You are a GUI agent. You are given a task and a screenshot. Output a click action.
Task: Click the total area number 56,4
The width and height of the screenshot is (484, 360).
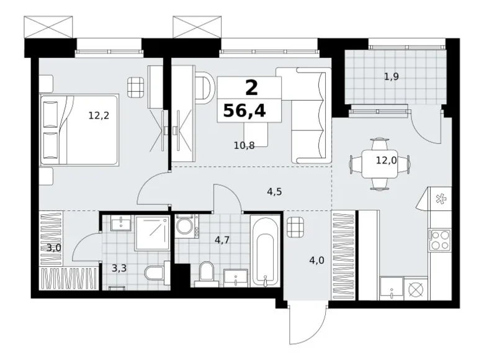[244, 110]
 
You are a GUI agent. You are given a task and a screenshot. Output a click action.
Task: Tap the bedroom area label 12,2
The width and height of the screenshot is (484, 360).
[99, 116]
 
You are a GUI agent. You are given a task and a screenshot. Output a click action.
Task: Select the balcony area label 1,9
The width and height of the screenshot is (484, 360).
[391, 76]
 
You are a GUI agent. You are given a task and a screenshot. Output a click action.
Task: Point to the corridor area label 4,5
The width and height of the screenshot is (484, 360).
[274, 192]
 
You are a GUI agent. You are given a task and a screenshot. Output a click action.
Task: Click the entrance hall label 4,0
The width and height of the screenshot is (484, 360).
[316, 261]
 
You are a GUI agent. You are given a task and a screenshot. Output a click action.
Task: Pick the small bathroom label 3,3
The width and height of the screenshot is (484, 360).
[119, 268]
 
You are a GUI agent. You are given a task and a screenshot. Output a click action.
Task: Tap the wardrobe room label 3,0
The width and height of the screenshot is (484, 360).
[54, 248]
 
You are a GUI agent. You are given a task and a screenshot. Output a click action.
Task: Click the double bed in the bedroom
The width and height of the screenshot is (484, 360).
[79, 130]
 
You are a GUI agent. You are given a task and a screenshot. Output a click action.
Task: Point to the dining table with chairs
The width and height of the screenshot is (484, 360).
[379, 164]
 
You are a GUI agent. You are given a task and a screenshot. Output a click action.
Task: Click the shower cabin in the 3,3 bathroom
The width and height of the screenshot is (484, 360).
[152, 233]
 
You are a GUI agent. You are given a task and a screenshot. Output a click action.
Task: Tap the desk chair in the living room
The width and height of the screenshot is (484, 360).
[204, 86]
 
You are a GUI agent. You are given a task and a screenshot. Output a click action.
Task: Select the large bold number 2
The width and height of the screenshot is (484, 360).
[251, 88]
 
